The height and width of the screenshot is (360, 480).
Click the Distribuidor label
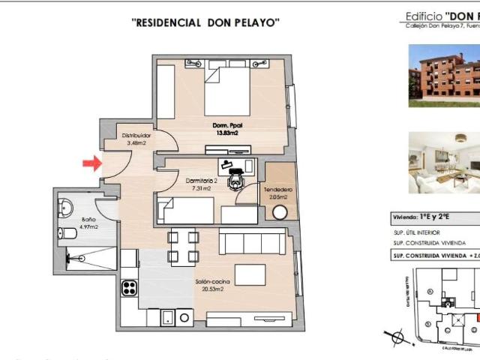[138, 136]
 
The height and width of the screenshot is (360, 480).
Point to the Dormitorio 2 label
[201, 181]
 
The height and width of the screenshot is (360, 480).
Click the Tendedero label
[277, 190]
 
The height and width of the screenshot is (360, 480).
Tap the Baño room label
[88, 220]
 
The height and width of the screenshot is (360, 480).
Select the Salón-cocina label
[212, 281]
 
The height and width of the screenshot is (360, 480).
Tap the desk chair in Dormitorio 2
[238, 179]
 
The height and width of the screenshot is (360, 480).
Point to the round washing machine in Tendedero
[280, 212]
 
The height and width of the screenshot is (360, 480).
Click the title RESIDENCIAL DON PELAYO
[205, 23]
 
